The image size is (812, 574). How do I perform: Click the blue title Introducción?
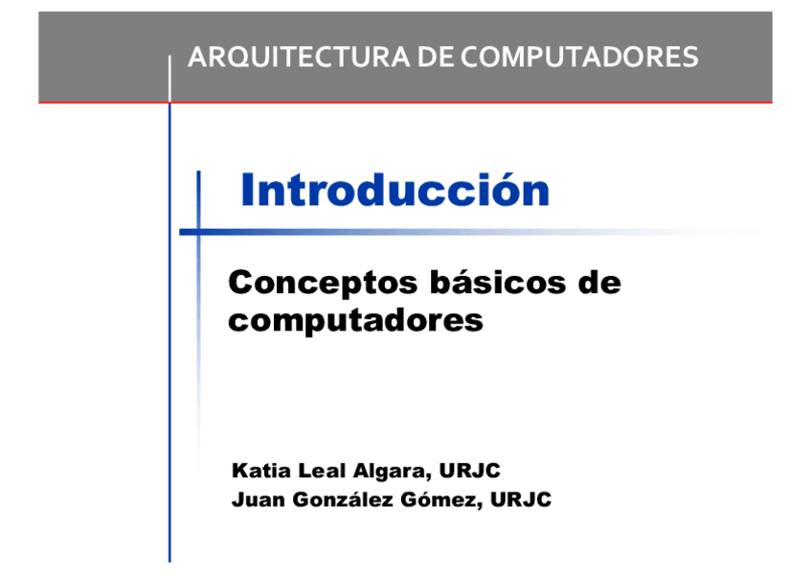[395, 190]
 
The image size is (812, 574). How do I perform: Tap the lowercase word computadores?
[355, 320]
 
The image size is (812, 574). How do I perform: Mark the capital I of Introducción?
[247, 190]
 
